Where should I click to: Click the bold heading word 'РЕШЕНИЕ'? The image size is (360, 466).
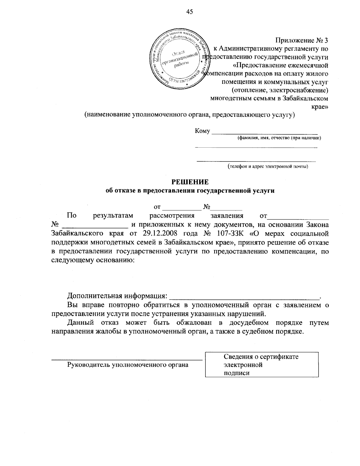pos(190,182)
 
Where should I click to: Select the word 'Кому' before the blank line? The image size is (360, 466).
pos(202,131)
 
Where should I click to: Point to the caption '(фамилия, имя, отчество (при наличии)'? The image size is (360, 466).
pos(279,138)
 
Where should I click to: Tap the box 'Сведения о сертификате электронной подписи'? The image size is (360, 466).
pos(262,365)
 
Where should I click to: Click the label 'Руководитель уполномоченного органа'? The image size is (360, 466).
pos(128,365)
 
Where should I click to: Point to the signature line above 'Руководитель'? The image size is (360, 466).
pos(127,359)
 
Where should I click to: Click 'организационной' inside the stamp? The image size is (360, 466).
pos(180,59)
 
